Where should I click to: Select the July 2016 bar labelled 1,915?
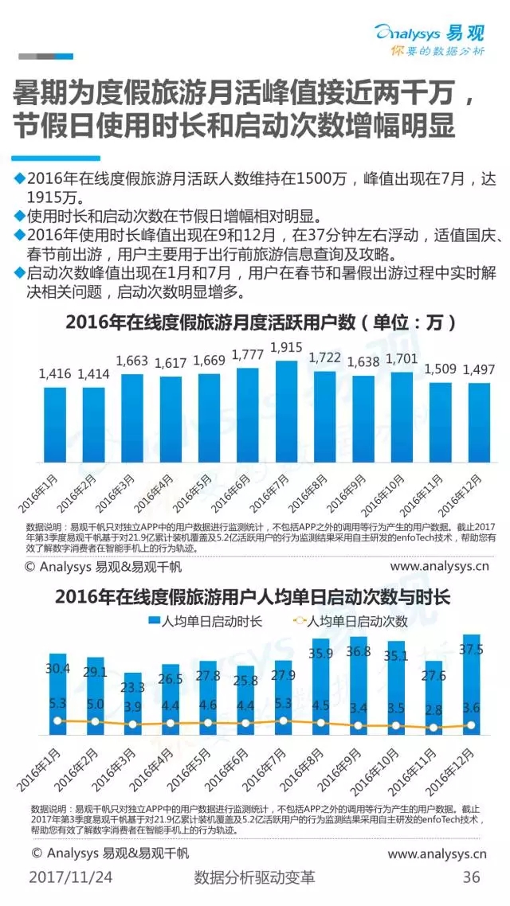pos(287,412)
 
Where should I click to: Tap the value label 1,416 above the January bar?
pos(55,374)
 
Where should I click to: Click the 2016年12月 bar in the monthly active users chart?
pos(479,423)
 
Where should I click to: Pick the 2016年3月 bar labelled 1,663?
pos(132,418)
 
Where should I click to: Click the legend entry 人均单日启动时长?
pos(205,621)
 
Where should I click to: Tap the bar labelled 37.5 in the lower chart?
pos(471,684)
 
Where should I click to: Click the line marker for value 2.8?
pos(433,728)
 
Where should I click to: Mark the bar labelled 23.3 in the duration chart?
pos(133,703)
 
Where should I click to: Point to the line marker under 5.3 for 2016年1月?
pos(57,721)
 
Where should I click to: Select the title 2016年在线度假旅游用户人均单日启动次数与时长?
pos(253,597)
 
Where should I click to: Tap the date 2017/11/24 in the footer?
pos(71,877)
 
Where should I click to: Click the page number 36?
pos(471,877)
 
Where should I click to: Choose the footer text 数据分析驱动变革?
pos(254,877)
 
